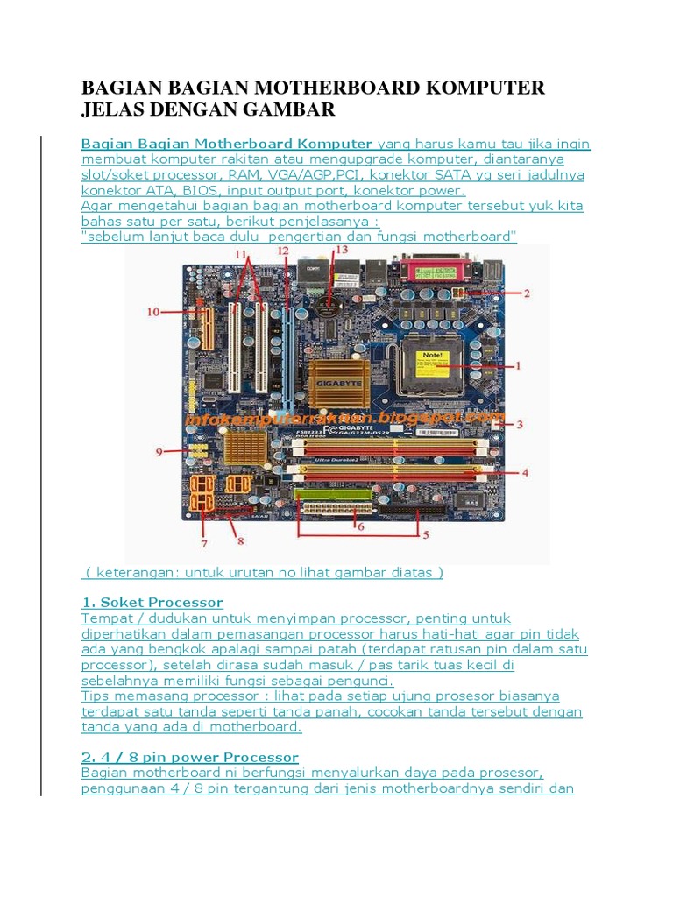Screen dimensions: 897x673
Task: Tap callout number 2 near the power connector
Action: click(526, 293)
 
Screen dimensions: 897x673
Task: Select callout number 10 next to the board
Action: click(154, 311)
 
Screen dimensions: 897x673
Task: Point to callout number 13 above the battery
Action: click(341, 250)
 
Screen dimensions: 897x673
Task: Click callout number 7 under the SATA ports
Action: click(204, 543)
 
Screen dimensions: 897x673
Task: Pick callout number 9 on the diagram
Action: click(159, 452)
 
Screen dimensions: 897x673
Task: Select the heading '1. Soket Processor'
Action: click(152, 603)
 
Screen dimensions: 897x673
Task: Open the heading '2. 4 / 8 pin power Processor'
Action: click(190, 757)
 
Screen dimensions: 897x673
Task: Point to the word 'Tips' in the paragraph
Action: click(96, 696)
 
